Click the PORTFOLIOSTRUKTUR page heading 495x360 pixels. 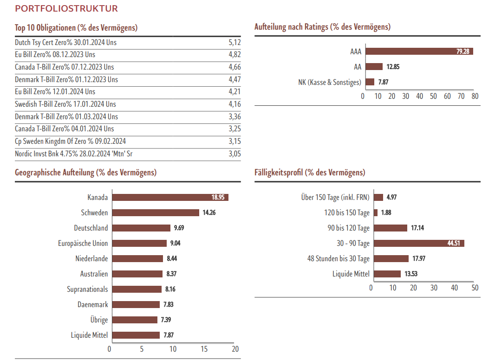66,9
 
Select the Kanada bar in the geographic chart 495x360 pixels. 170,197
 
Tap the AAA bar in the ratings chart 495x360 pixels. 419,51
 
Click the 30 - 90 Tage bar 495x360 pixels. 419,243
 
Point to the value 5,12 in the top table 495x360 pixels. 234,42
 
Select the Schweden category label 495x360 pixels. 94,212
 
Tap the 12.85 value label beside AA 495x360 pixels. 393,67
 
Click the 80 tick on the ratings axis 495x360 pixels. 475,96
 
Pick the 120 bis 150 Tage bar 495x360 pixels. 376,212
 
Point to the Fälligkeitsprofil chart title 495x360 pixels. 310,173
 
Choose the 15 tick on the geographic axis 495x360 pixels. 204,349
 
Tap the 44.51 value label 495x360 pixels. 454,243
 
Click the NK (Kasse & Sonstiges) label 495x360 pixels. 329,82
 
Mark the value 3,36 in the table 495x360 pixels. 234,116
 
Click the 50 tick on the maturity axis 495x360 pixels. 475,288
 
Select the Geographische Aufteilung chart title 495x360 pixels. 85,173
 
